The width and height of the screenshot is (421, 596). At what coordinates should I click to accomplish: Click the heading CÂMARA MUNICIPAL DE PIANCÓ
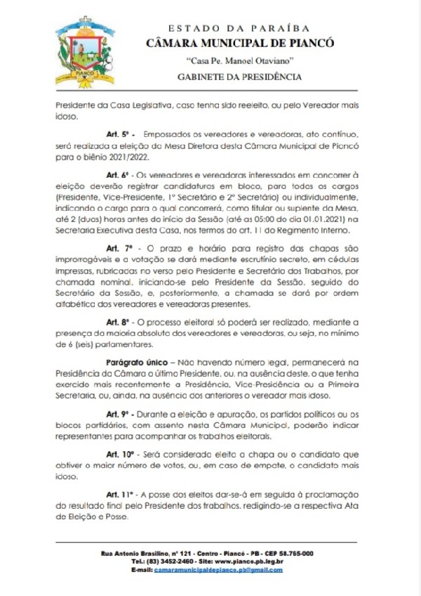[x=240, y=44]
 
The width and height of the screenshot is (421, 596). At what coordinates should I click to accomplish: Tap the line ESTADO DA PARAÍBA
[x=240, y=27]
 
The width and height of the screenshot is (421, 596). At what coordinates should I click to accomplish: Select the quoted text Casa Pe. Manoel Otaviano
[x=240, y=60]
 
